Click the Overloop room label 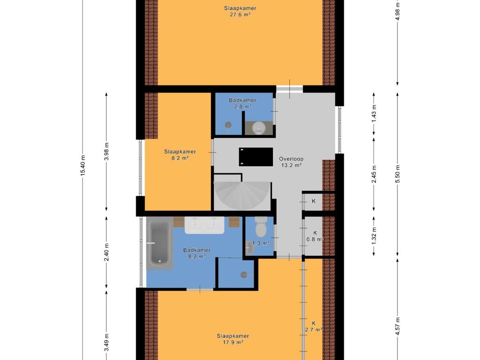pyautogui.click(x=291, y=159)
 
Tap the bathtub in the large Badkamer pyautogui.click(x=159, y=243)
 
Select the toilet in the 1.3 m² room pyautogui.click(x=261, y=227)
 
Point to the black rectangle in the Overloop pyautogui.click(x=256, y=157)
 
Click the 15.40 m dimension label pyautogui.click(x=82, y=165)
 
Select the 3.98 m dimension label pyautogui.click(x=106, y=151)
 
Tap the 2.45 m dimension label pyautogui.click(x=374, y=174)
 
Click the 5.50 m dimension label pyautogui.click(x=397, y=174)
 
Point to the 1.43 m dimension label pyautogui.click(x=374, y=113)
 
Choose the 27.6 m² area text pyautogui.click(x=240, y=15)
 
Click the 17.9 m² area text pyautogui.click(x=233, y=342)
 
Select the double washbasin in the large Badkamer pyautogui.click(x=204, y=225)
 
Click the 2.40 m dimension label pyautogui.click(x=106, y=253)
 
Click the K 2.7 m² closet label pyautogui.click(x=314, y=326)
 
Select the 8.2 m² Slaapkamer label pyautogui.click(x=180, y=155)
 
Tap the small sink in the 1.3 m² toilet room pyautogui.click(x=249, y=247)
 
